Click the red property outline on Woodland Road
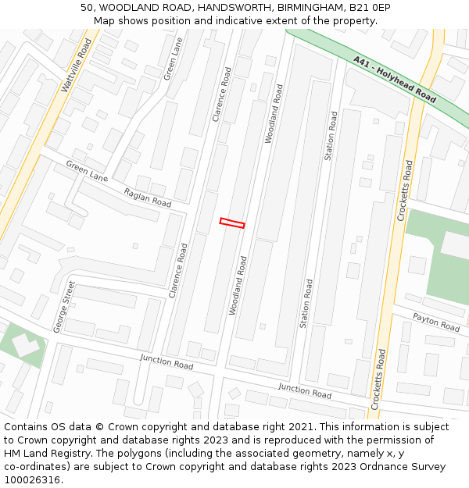click(232, 223)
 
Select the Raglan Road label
click(148, 198)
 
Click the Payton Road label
click(436, 322)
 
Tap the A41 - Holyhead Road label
click(395, 80)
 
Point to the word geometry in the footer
click(288, 454)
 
